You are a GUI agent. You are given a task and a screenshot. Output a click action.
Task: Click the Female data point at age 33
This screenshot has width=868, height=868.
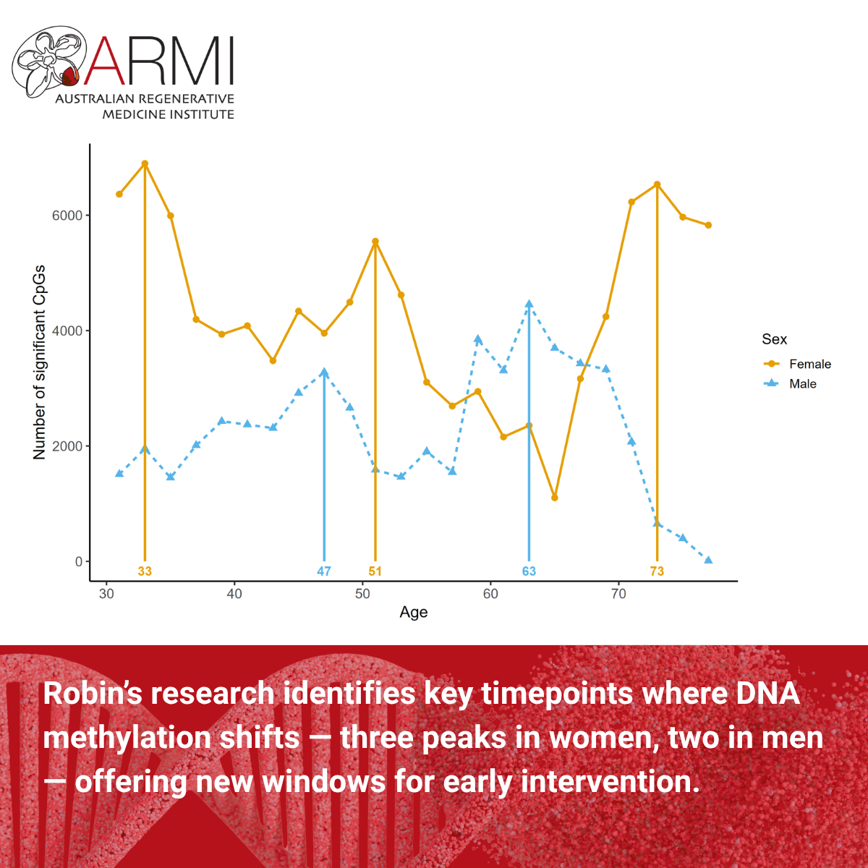click(x=145, y=163)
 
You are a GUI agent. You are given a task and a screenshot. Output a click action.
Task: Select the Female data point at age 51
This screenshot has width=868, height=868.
click(x=375, y=242)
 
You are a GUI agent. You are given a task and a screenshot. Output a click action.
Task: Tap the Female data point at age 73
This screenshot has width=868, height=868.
click(x=657, y=184)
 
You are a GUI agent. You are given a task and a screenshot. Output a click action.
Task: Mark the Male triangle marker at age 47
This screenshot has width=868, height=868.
click(x=324, y=373)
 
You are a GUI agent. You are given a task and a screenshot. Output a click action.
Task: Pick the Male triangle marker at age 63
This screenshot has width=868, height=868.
click(x=529, y=305)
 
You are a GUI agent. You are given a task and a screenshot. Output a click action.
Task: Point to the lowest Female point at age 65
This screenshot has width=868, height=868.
click(x=555, y=498)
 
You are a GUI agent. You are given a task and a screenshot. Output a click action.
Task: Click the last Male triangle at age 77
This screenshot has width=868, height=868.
click(x=708, y=560)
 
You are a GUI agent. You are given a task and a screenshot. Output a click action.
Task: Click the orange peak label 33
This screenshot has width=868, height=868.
click(x=145, y=571)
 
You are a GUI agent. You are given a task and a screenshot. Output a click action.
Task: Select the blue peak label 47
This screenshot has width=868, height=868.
click(x=324, y=571)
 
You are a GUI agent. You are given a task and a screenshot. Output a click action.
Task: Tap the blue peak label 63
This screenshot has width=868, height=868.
click(x=529, y=571)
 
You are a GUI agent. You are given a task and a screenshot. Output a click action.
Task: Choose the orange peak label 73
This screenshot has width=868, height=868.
click(x=657, y=571)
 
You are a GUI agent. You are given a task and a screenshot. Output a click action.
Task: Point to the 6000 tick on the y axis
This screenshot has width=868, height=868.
click(x=67, y=216)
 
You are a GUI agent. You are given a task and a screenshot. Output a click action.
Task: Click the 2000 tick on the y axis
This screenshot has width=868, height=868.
click(x=67, y=446)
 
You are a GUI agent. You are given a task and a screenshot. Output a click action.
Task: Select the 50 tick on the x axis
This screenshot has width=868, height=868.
click(x=362, y=594)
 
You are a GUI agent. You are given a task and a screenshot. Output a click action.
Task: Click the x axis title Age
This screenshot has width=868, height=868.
click(x=414, y=612)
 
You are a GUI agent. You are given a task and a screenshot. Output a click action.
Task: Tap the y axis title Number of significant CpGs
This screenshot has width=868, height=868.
click(x=39, y=362)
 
